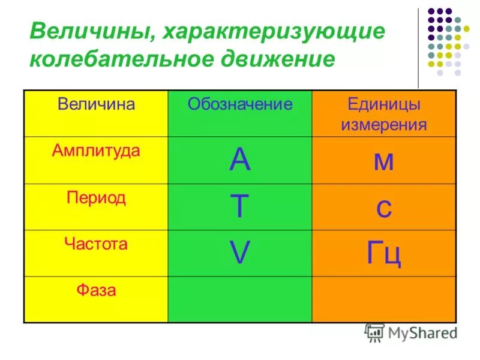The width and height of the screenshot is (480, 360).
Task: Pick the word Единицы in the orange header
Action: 384,104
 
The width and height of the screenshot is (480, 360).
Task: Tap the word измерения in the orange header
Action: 384,125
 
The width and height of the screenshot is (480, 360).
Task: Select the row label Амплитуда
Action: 96,151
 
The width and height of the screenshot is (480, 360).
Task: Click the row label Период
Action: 96,198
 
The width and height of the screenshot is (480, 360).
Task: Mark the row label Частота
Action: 96,244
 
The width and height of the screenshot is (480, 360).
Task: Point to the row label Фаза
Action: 96,291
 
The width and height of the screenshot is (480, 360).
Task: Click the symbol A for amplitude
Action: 239,160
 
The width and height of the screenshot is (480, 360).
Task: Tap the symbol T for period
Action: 239,207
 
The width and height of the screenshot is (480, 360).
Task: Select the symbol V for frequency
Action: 239,254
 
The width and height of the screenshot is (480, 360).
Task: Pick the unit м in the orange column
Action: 384,161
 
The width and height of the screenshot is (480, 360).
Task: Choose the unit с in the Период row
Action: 384,208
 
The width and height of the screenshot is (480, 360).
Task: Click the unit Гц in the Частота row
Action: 384,254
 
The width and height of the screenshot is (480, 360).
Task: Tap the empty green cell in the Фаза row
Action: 240,300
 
